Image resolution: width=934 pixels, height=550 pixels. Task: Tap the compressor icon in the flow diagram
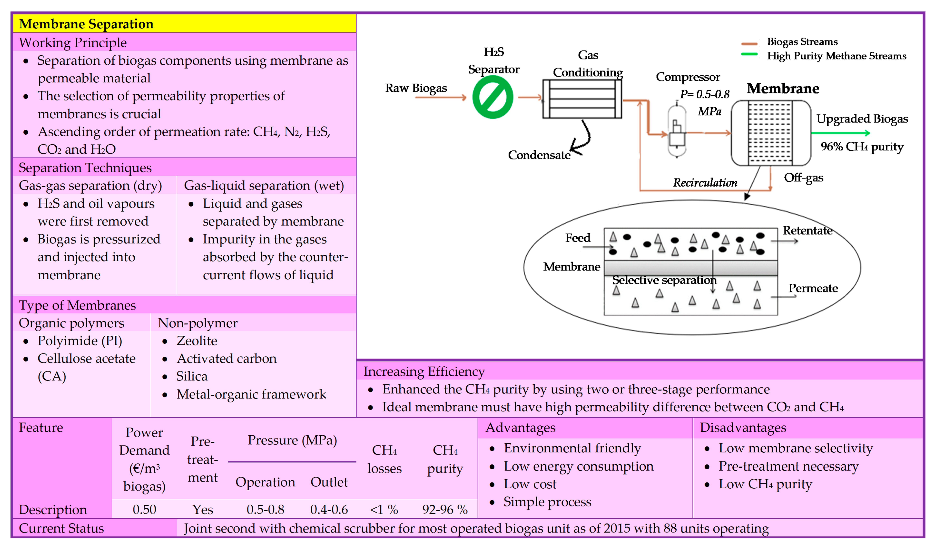coord(677,132)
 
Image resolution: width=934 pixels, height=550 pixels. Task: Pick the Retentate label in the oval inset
coord(807,231)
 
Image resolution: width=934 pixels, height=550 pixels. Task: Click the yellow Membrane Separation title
coord(86,24)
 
